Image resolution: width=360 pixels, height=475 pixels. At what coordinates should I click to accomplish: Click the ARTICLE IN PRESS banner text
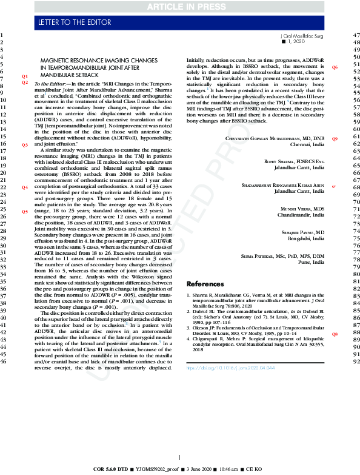tap(180, 7)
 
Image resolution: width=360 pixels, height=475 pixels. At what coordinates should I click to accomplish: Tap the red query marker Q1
tap(25, 76)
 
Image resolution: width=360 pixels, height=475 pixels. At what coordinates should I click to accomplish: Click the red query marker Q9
tap(335, 139)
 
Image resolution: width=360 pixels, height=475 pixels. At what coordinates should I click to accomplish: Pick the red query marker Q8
tap(335, 335)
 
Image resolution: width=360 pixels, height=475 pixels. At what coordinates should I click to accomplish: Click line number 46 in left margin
tap(4, 362)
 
